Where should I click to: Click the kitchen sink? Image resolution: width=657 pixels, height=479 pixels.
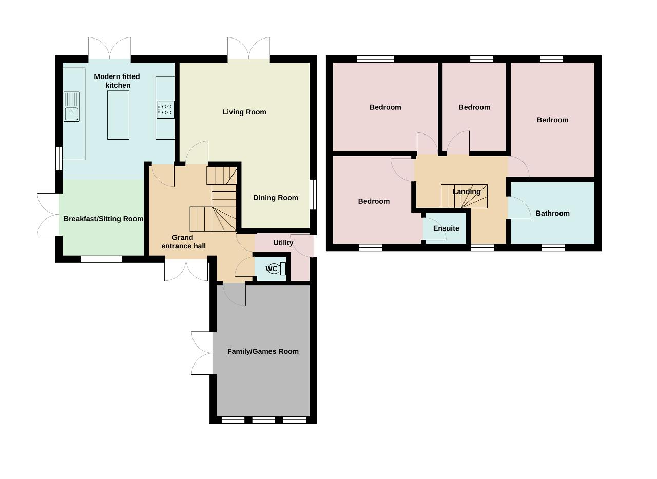(x=71, y=106)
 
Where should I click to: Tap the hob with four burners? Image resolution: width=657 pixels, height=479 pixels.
(x=165, y=109)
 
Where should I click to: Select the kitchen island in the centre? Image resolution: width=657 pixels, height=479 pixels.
(x=118, y=115)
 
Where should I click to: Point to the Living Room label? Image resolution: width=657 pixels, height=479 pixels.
(x=244, y=112)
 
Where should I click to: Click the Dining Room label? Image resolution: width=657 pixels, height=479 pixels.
(x=276, y=198)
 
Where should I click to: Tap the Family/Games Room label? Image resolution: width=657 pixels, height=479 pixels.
(x=263, y=351)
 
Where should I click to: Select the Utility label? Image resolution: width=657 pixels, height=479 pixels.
(x=283, y=243)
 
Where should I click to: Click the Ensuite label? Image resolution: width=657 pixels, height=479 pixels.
(x=446, y=228)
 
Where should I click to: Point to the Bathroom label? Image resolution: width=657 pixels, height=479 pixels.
(x=553, y=213)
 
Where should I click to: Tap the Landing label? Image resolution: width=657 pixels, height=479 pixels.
(x=467, y=192)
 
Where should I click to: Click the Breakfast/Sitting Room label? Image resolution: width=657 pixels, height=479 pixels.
(x=103, y=219)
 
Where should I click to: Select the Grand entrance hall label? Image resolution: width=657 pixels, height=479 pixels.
(x=183, y=242)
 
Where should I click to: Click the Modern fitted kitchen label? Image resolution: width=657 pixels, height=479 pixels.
(x=117, y=81)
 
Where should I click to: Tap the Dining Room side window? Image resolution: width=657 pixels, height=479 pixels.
(x=313, y=195)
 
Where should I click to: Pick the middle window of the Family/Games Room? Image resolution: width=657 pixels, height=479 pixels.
(x=264, y=420)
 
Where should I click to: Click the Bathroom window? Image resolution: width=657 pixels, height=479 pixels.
(x=553, y=247)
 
